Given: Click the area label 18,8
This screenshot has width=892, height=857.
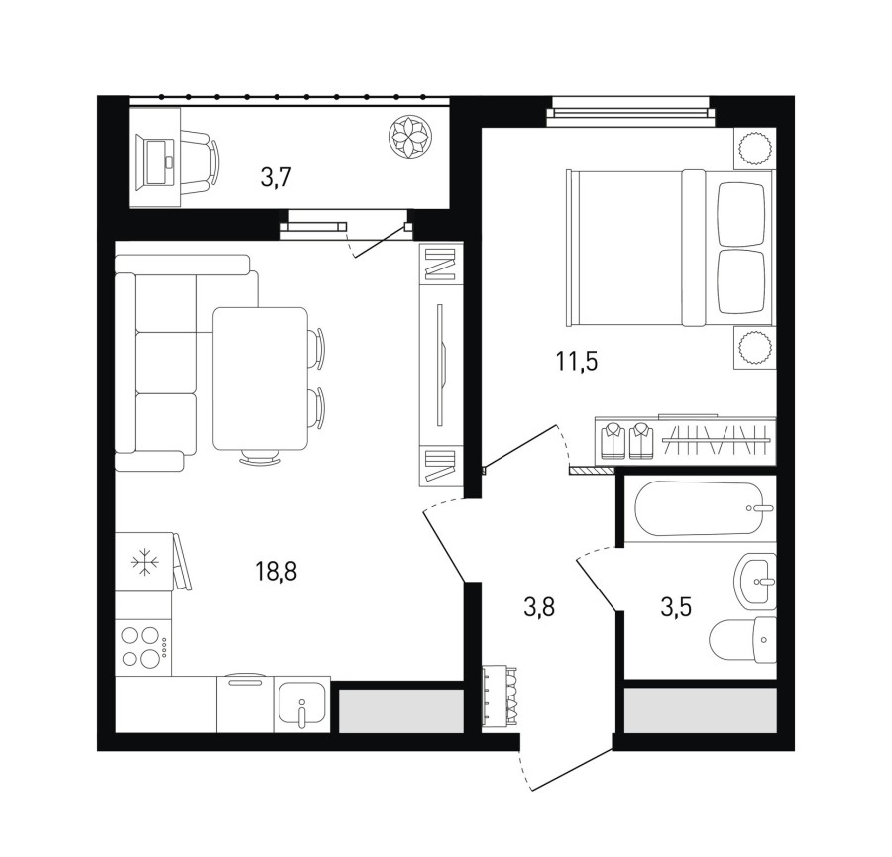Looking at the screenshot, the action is [277, 571].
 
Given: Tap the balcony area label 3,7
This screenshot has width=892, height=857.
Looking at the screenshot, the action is [276, 178].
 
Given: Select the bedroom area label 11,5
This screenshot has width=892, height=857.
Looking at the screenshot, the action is [577, 361].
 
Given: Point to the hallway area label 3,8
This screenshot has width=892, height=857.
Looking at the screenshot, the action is [539, 607].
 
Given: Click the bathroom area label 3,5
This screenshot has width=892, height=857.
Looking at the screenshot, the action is [676, 607].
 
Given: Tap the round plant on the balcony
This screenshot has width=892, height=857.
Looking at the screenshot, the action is [409, 137].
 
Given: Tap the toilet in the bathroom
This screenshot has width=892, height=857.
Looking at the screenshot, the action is [743, 640].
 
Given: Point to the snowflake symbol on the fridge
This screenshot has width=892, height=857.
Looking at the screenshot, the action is [145, 563].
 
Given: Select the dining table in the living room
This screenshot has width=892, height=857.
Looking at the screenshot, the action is [260, 378].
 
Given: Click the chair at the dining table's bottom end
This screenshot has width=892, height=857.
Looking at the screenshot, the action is [260, 456].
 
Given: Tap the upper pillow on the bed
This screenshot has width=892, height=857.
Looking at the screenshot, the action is [741, 215].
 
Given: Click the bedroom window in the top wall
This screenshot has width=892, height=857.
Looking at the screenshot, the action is [629, 112].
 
